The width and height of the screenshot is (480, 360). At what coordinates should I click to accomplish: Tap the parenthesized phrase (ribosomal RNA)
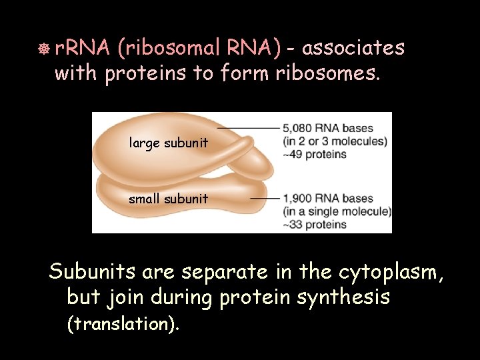click(201, 48)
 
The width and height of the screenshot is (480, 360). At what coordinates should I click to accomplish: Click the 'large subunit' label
click(169, 143)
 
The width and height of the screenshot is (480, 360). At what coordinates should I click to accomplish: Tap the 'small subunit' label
click(169, 199)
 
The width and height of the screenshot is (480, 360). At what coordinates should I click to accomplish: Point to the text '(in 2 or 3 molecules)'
click(335, 141)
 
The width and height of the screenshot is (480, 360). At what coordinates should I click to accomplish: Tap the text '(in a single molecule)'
click(337, 212)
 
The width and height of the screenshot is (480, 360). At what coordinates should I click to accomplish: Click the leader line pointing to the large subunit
click(247, 128)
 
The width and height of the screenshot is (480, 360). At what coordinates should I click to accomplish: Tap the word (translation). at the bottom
click(123, 324)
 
